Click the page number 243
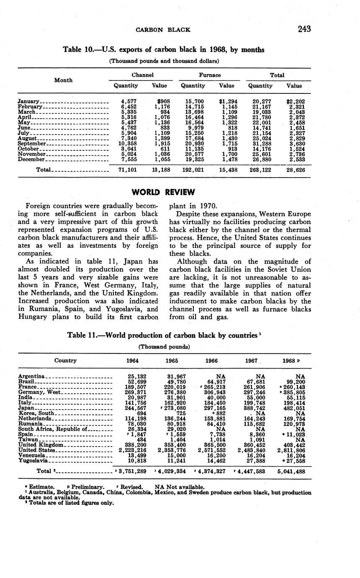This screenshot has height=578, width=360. pos(304,29)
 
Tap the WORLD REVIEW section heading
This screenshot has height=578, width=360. pos(163,192)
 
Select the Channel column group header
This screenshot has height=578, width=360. pos(141,75)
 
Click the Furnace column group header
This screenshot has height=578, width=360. pos(209,75)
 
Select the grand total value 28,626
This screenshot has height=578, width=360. pos(295,170)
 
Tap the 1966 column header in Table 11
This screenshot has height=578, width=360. pos(211,361)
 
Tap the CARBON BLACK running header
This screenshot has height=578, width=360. pos(163,30)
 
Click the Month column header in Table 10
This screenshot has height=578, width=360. pos(64,80)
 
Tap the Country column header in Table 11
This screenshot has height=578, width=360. pos(65,360)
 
